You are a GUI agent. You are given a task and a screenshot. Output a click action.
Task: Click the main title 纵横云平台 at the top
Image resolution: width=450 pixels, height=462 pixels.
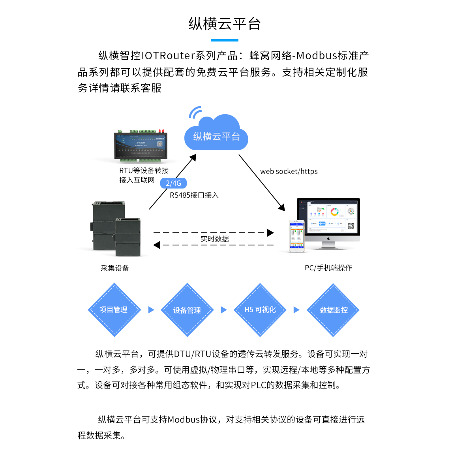click(225, 24)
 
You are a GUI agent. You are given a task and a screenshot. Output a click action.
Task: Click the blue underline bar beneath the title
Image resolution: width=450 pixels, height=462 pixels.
click(225, 40)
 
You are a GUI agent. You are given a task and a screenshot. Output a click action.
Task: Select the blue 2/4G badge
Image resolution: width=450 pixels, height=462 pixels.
click(173, 183)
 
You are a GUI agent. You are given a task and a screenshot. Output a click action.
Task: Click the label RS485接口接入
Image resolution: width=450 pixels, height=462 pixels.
click(194, 195)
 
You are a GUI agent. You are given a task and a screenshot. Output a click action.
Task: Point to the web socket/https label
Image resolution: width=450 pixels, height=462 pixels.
click(289, 172)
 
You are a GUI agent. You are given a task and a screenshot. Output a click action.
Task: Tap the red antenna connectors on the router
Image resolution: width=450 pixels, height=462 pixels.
click(161, 130)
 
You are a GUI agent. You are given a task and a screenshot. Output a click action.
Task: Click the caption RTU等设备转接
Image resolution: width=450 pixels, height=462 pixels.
click(144, 171)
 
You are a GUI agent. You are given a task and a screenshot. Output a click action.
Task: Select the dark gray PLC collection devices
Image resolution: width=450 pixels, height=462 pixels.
click(116, 228)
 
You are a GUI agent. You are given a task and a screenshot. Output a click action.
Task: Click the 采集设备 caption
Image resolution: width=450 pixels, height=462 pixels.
click(114, 268)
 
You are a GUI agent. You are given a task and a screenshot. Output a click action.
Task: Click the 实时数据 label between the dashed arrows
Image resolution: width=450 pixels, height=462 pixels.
click(214, 239)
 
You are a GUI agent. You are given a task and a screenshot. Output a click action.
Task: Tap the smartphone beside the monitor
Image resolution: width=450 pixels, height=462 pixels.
click(296, 236)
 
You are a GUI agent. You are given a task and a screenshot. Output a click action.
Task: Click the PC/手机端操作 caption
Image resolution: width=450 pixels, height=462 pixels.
click(328, 268)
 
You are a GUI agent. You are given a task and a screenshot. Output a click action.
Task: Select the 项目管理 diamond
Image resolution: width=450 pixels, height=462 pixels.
click(114, 310)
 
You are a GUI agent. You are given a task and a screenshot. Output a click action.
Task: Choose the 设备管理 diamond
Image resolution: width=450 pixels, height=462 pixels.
click(187, 310)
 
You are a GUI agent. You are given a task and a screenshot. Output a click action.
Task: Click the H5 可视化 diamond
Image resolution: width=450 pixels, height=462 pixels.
click(260, 310)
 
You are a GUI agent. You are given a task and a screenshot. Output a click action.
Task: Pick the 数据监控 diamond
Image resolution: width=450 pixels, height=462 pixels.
click(334, 310)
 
